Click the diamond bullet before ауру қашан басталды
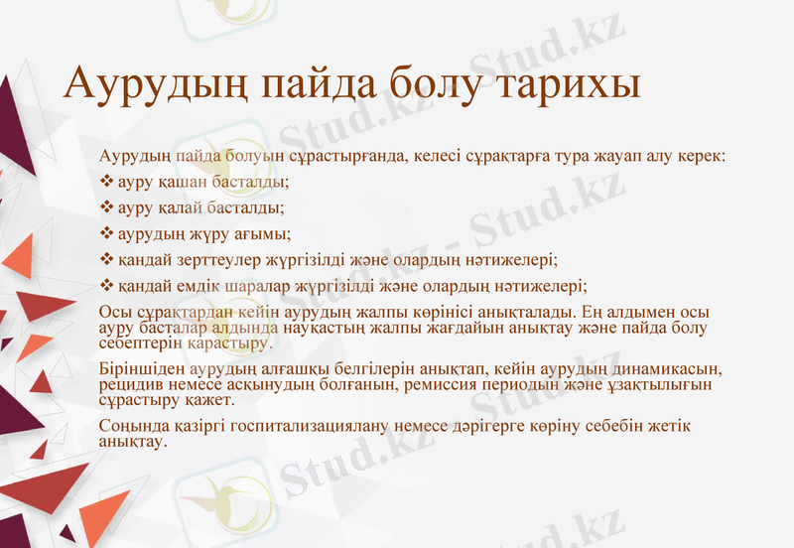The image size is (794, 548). (108, 183)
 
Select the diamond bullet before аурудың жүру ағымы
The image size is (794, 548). (108, 234)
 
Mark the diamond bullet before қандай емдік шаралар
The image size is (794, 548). (108, 286)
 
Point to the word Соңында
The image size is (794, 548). (132, 426)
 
